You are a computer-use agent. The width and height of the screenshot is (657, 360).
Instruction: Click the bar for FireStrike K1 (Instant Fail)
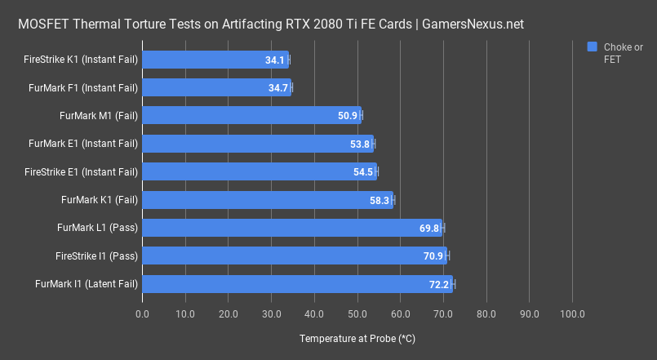[215, 60]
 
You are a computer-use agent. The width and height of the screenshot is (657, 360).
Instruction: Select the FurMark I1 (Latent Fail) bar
[297, 284]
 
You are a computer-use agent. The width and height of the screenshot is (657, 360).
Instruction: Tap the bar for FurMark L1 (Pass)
[292, 228]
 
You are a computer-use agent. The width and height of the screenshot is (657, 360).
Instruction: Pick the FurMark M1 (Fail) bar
[251, 116]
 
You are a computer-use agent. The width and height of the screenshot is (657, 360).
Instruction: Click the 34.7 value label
[278, 87]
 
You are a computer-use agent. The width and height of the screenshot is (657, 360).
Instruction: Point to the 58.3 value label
[380, 200]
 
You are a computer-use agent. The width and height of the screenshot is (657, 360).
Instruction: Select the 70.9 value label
[433, 256]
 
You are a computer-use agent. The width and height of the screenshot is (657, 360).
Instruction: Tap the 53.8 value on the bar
[360, 144]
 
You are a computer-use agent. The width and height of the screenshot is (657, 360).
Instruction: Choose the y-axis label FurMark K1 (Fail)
[100, 200]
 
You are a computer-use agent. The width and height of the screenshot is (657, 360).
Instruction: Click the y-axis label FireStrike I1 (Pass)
[96, 256]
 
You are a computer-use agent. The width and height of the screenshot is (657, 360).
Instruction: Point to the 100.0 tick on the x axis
[572, 313]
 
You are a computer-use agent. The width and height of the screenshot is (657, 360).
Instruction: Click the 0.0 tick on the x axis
[143, 313]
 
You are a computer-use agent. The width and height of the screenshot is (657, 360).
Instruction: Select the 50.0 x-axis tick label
[357, 313]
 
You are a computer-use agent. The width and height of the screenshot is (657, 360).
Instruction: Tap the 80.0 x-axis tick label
[486, 313]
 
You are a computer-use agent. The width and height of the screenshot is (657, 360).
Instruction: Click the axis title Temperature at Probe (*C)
[357, 338]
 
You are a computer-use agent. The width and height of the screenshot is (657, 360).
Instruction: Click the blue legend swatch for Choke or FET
[593, 47]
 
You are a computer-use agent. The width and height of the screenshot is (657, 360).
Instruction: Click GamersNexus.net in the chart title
[472, 24]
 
